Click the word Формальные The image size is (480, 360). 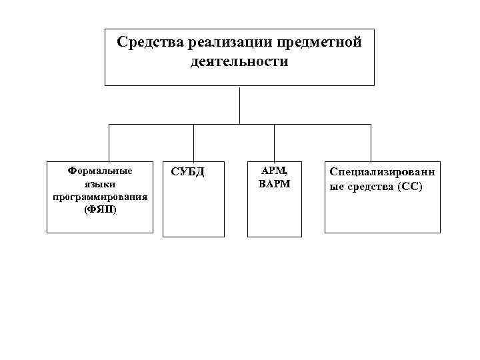coord(100,170)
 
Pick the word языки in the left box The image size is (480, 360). coord(100,183)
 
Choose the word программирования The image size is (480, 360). coord(100,197)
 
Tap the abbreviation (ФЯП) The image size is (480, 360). coord(100,209)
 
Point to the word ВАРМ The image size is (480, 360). coord(274,183)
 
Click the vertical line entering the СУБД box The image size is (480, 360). coord(193,142)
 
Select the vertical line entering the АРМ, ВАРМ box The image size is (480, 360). coord(275,142)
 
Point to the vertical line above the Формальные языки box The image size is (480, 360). coord(108,142)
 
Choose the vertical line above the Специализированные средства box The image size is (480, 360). coord(371,142)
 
